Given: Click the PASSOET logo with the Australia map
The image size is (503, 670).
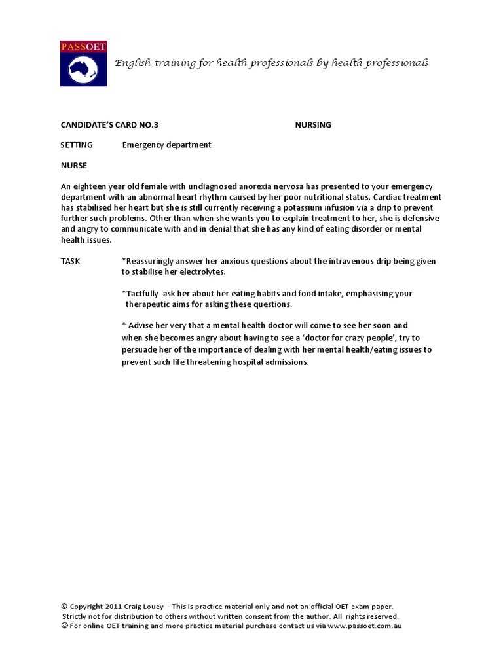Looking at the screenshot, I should click(83, 63).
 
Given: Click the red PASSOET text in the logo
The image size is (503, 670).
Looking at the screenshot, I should click(83, 46).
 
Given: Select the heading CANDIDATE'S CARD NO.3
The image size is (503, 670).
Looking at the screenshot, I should click(109, 124).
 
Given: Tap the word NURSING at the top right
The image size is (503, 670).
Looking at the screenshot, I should click(313, 124).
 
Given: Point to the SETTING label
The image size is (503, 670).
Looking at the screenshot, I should click(77, 145).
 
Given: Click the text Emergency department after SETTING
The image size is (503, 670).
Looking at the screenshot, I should click(166, 145).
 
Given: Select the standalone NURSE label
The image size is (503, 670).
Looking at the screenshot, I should click(74, 166).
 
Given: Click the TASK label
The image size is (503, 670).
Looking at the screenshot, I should click(71, 261).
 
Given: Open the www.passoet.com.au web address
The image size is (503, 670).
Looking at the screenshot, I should click(365, 626).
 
